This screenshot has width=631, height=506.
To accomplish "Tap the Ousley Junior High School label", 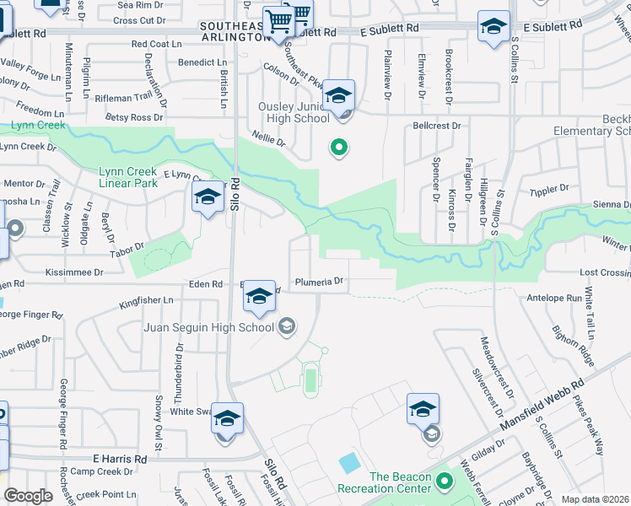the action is pyautogui.click(x=294, y=112).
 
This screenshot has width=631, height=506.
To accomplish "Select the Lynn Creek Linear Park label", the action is pyautogui.click(x=128, y=176).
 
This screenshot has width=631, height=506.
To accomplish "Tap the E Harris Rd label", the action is pyautogui.click(x=120, y=459).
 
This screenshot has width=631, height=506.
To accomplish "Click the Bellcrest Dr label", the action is pyautogui.click(x=437, y=126).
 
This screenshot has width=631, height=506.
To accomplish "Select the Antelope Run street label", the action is pyautogui.click(x=553, y=298).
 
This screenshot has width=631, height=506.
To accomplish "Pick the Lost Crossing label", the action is pyautogui.click(x=605, y=273).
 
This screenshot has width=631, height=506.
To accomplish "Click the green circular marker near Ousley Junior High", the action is pyautogui.click(x=339, y=148).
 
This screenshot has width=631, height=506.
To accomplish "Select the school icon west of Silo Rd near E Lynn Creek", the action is pyautogui.click(x=208, y=198).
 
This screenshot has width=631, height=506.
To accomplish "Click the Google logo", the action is pyautogui.click(x=28, y=496).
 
